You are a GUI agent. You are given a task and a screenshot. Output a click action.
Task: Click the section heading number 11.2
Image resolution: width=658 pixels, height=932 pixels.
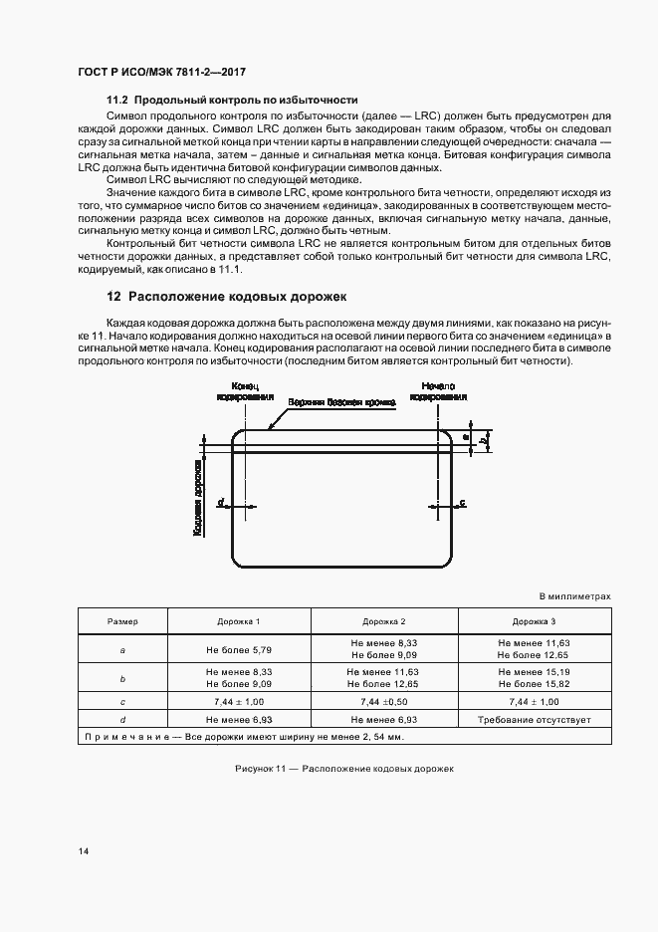(117, 101)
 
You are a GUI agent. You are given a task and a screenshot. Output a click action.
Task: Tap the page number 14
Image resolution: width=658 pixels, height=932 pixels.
(81, 852)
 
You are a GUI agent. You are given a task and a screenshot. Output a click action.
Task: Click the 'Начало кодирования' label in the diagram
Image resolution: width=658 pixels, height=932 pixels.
(438, 390)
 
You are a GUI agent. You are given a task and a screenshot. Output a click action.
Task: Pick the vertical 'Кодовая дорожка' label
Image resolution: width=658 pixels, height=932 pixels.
(199, 499)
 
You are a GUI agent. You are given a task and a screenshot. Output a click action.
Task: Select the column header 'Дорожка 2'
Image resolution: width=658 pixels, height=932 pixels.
(383, 621)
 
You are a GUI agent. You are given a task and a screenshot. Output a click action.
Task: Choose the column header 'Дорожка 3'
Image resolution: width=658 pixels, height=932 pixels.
(535, 621)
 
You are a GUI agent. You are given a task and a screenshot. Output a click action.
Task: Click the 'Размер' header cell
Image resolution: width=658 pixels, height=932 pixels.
(122, 621)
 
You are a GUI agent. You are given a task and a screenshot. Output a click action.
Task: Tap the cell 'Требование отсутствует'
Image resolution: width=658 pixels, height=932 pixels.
(535, 718)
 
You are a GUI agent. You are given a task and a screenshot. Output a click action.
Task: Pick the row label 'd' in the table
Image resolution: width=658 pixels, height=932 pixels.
(122, 718)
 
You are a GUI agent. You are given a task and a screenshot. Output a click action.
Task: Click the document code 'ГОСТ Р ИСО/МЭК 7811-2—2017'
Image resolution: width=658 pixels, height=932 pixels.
(161, 73)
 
